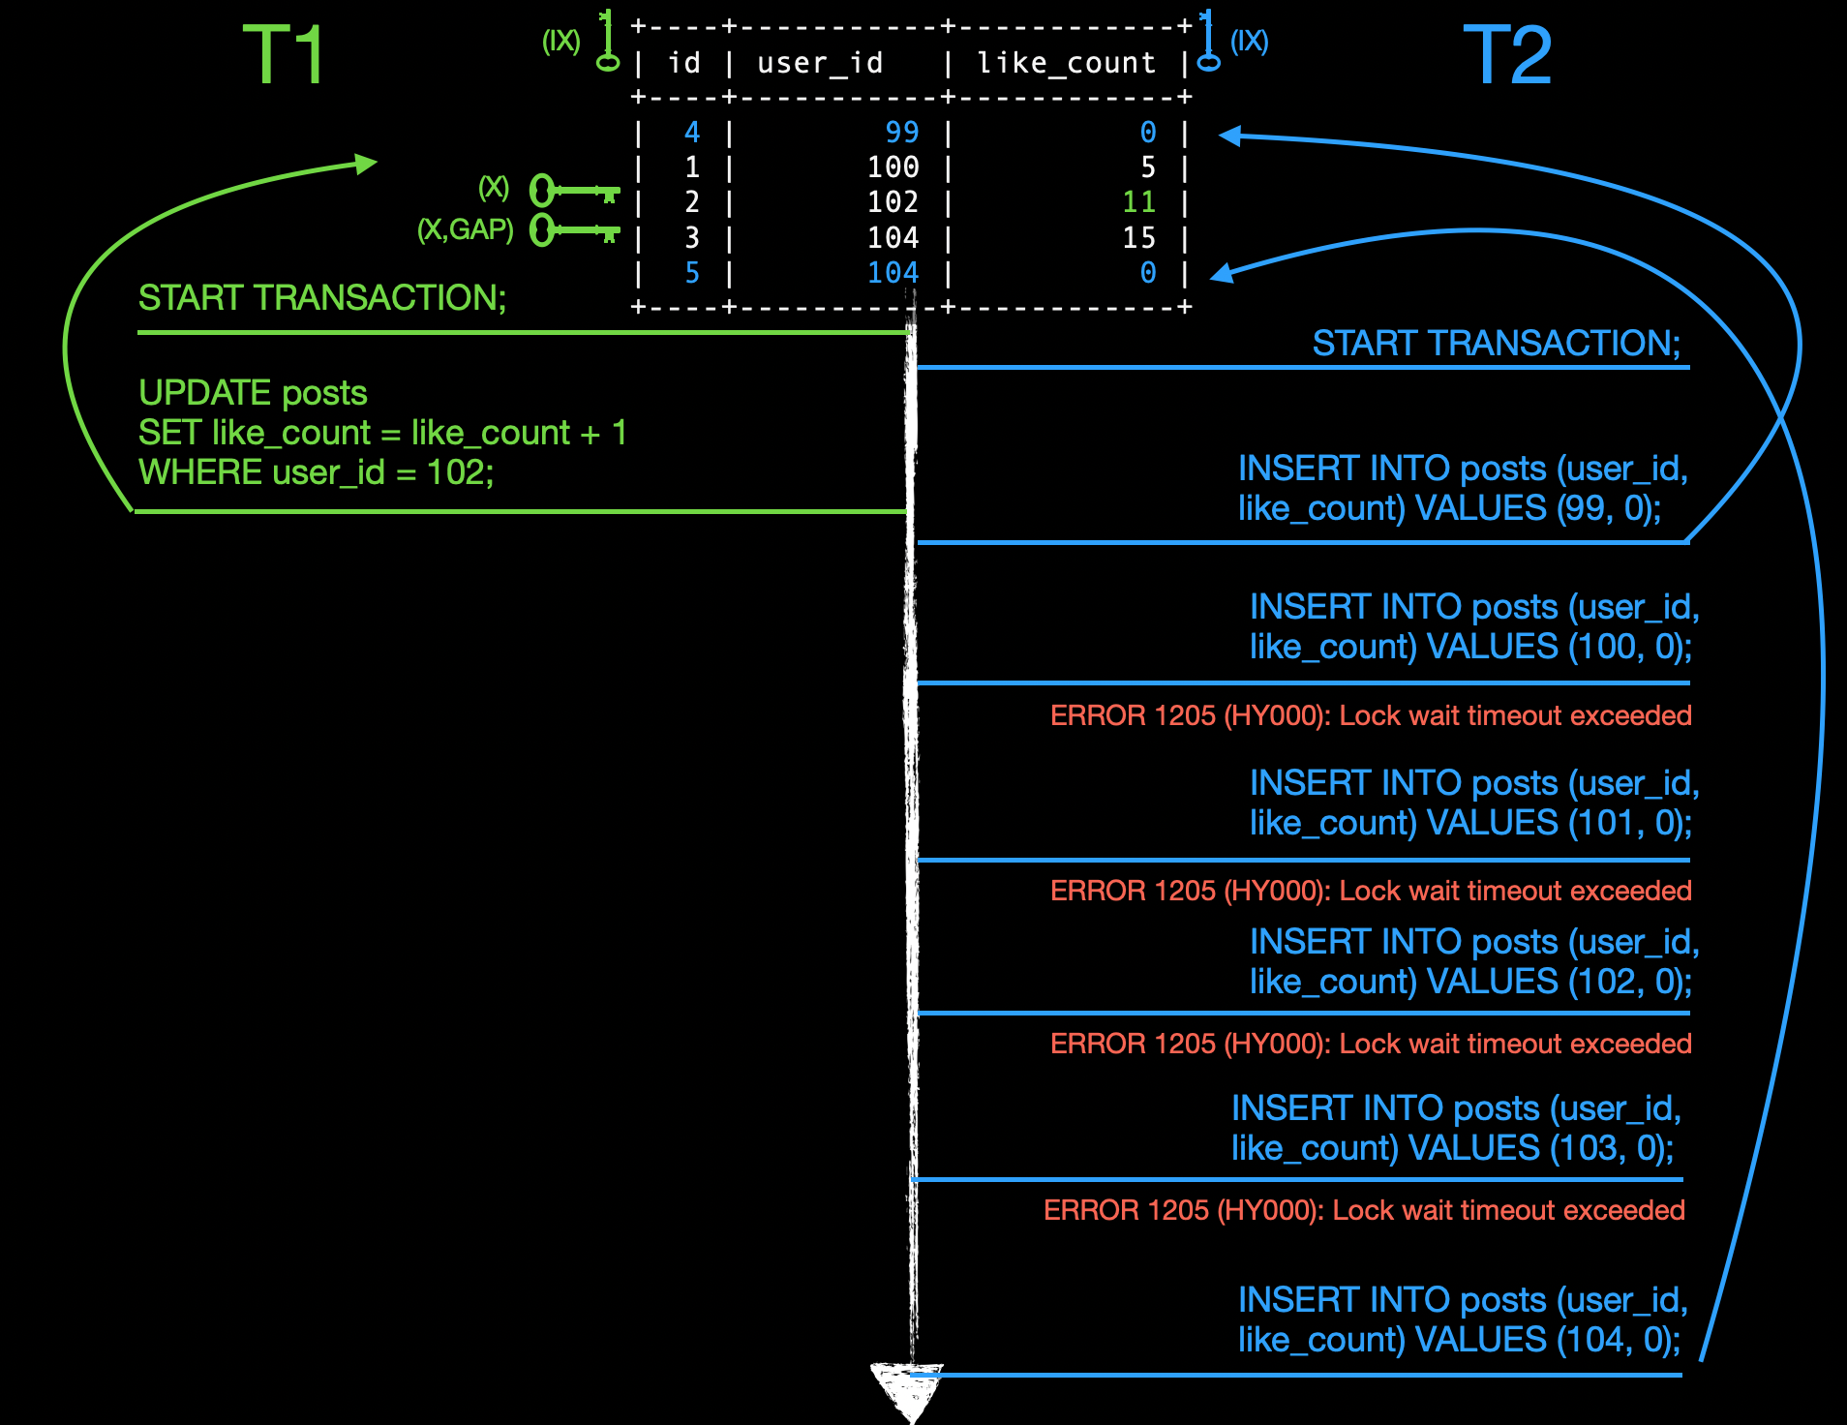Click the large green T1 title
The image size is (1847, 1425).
(283, 55)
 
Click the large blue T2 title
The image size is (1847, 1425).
(1506, 55)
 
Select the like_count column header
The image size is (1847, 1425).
(1066, 63)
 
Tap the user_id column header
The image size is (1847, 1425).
(820, 63)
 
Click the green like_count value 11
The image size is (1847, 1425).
(1138, 202)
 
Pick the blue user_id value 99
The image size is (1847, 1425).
(901, 132)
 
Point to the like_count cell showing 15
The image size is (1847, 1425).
(1138, 237)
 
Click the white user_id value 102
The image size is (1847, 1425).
(893, 202)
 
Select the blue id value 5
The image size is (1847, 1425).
(691, 273)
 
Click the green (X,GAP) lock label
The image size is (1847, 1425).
(465, 229)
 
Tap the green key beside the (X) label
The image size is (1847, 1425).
(573, 191)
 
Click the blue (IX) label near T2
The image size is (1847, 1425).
(1249, 41)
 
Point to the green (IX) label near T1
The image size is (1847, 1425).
(560, 41)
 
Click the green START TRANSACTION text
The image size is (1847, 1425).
(321, 297)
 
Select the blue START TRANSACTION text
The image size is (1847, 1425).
(1496, 343)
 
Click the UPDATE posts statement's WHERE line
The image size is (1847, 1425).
(316, 472)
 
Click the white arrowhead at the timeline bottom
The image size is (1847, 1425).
(907, 1389)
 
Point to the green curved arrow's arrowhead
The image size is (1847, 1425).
(366, 164)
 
